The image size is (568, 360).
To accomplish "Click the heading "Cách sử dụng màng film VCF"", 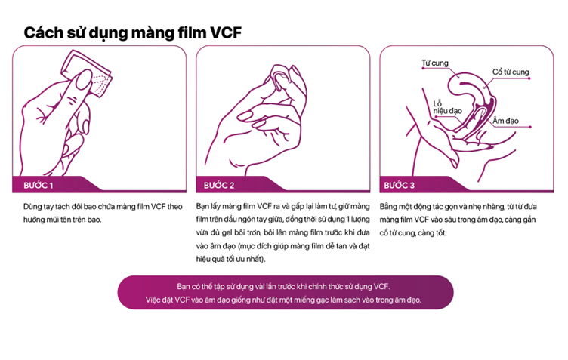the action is click(133, 33).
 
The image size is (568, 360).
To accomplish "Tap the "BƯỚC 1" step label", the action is click(39, 186).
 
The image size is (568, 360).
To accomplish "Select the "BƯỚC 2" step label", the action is click(219, 186).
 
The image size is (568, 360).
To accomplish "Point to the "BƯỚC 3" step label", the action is click(399, 186).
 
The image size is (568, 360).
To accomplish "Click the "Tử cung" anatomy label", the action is click(435, 63).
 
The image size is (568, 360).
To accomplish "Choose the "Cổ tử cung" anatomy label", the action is click(511, 72).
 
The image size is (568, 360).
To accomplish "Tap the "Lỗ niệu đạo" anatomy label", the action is click(447, 107).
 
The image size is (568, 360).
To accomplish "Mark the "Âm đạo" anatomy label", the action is click(505, 121).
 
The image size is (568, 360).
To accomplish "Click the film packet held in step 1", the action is click(87, 73).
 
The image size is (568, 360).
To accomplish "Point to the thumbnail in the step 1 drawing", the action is click(84, 80).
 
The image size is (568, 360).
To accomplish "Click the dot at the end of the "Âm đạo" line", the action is click(530, 127).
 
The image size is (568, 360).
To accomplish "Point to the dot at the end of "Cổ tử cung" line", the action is click(529, 78).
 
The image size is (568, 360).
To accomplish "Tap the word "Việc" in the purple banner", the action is click(153, 300).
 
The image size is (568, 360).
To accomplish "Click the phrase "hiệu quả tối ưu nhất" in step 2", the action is click(229, 260).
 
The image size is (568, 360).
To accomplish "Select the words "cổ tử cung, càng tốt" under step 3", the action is click(412, 233).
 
